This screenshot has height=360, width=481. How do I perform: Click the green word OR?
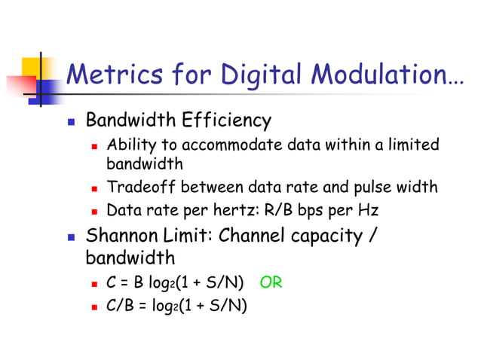[271, 283]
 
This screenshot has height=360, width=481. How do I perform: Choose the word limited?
[414, 145]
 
